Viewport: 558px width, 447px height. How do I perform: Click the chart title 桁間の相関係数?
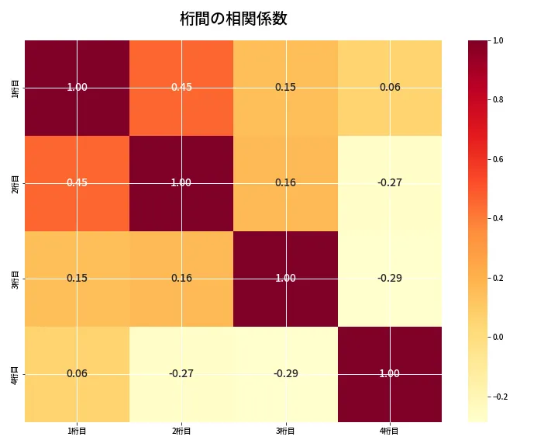click(x=233, y=19)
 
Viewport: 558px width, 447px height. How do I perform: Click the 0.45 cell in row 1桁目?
click(x=181, y=87)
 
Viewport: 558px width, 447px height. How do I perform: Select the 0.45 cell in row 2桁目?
click(x=77, y=182)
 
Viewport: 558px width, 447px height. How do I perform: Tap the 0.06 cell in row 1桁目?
click(x=390, y=87)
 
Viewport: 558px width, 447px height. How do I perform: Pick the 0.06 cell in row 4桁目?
click(x=77, y=373)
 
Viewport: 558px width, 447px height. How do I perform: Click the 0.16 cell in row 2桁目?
click(x=285, y=182)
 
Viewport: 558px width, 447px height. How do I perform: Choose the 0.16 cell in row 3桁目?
click(x=181, y=278)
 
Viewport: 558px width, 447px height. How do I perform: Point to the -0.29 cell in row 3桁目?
click(x=390, y=278)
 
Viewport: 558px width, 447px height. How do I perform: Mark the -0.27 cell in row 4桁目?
click(x=181, y=373)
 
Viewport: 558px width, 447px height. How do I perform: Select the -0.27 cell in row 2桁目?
click(x=390, y=182)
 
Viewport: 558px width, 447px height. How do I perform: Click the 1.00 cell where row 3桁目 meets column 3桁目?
click(x=285, y=278)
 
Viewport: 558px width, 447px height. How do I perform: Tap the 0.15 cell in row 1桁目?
click(x=285, y=87)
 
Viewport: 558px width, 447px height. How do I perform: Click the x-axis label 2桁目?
click(x=181, y=431)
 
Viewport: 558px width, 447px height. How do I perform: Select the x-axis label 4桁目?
click(x=390, y=431)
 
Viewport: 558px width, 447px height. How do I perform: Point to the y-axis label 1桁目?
click(x=15, y=88)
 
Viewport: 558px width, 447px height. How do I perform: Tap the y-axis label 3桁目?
click(x=15, y=279)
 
